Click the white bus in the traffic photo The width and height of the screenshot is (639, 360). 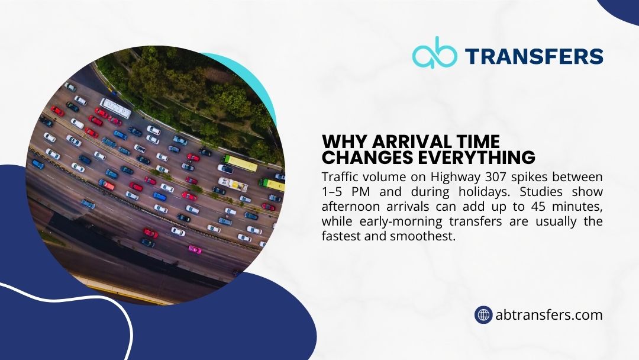pos(115,108)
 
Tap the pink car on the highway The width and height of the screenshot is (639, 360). pos(194,249)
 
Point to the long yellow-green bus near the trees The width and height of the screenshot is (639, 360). pos(240,163)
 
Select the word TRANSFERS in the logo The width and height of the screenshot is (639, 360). pos(534,56)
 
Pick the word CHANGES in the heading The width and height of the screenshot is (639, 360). pos(369,158)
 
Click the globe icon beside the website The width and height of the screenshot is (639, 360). pos(484,315)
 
